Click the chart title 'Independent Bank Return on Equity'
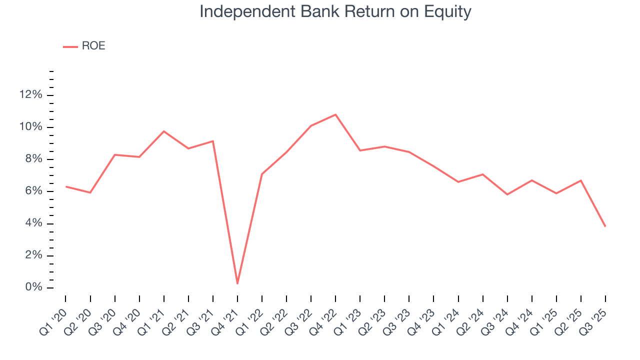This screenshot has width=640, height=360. coord(335,11)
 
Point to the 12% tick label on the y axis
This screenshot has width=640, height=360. coord(31,95)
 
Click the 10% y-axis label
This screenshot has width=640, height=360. coord(31,127)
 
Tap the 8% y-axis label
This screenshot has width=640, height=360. coord(33,159)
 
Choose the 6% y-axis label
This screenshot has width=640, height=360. coord(33,191)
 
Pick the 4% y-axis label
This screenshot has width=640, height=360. coord(33,223)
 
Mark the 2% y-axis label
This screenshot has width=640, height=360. coord(33,255)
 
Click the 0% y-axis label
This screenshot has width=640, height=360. coord(33,287)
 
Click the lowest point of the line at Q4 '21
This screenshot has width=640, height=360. coord(237,283)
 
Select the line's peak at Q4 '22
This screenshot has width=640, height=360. coord(335,114)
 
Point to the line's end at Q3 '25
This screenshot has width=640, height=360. coord(605,226)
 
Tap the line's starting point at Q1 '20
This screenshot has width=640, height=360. coord(66,186)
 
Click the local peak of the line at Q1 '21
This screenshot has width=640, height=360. coord(164,131)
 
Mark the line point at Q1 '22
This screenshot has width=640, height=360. coord(262,174)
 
